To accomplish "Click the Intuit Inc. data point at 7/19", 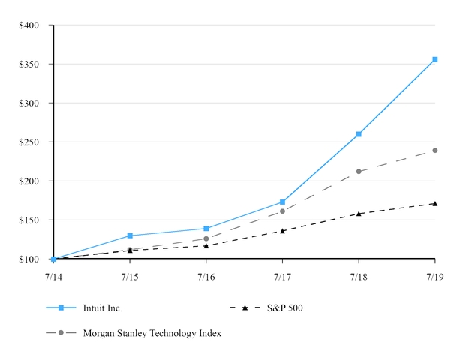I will pos(435,59).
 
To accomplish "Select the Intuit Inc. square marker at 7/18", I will pos(359,134).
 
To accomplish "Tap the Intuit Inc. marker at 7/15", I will pos(130,235).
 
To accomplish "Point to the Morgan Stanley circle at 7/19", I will pos(435,151).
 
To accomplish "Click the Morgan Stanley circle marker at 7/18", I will pos(359,172).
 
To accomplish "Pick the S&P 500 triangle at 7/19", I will pos(435,203).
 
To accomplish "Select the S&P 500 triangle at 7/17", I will pos(283,231).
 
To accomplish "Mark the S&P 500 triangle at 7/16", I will pos(206,245).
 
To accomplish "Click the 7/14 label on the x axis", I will pos(53,277).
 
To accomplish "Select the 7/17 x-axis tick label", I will pos(283,277).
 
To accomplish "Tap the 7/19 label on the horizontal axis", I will pos(435,277).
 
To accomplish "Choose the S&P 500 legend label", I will pos(284,307).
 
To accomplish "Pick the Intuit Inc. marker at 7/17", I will pos(283,202).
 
